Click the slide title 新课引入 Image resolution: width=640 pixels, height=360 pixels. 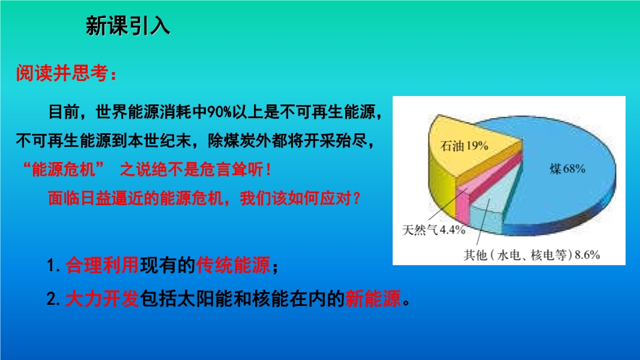[x=128, y=26]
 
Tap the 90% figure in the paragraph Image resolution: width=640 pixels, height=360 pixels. [x=220, y=112]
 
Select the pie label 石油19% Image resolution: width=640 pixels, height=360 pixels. [x=464, y=146]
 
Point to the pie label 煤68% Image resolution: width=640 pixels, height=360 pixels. [x=567, y=169]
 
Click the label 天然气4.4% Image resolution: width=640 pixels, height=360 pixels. [x=434, y=230]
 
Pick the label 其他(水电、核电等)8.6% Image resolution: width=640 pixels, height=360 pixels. [x=531, y=255]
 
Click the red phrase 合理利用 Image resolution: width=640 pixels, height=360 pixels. [x=102, y=265]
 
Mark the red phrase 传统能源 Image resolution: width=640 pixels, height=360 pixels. [x=233, y=265]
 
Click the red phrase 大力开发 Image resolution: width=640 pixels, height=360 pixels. [x=102, y=299]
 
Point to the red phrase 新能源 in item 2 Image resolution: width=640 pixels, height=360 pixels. [x=373, y=299]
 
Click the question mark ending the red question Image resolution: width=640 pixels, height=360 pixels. [x=357, y=199]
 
